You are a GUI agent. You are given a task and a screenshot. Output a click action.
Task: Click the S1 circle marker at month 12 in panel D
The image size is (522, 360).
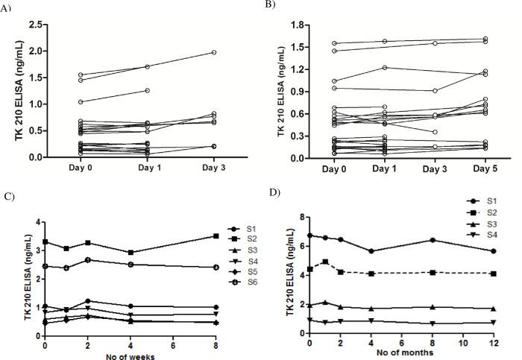489,251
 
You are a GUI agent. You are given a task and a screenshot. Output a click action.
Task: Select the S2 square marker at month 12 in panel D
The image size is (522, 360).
489,274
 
